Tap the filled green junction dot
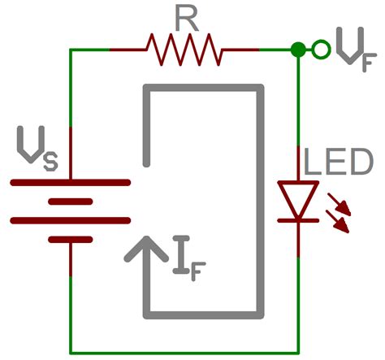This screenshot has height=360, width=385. click(298, 50)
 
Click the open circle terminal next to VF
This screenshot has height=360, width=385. click(322, 50)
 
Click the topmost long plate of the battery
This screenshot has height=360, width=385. click(71, 183)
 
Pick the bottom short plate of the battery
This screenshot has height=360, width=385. click(71, 241)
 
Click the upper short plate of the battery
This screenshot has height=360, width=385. click(71, 202)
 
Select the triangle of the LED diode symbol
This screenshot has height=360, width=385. click(298, 198)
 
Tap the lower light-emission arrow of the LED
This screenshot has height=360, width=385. click(342, 222)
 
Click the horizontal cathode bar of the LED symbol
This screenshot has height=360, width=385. click(298, 219)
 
